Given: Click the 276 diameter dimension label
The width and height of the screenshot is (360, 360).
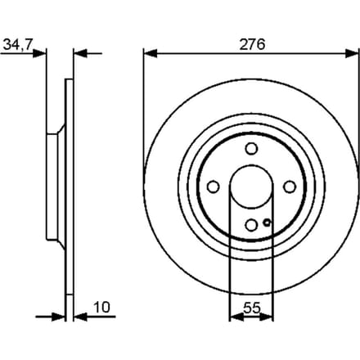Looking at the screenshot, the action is tap(252, 44).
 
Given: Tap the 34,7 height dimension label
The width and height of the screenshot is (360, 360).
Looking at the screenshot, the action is tap(18, 44).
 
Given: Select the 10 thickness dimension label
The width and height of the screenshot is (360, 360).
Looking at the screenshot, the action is tap(101, 308).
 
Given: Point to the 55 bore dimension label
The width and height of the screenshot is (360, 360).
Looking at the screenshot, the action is tap(252, 308).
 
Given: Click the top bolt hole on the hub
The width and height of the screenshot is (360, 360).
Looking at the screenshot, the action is tap(251, 149).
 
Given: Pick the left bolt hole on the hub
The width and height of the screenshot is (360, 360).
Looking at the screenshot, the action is tap(213, 187).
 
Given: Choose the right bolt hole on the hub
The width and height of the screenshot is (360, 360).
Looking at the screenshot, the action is tap(290, 187).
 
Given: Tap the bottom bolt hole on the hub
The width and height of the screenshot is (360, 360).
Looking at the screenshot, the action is tap(251, 225).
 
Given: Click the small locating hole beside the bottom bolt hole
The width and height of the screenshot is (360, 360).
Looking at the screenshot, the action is tap(267, 223).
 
